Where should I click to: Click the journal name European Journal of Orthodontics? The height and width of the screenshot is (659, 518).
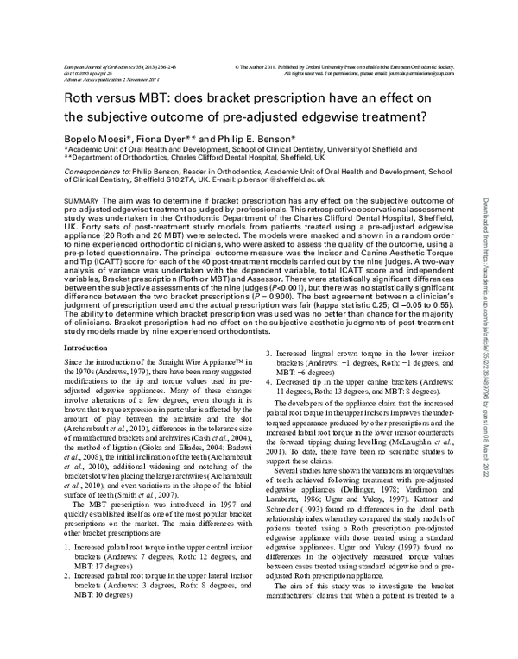(104, 66)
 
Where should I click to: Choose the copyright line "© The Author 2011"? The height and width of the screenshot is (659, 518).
(259, 66)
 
